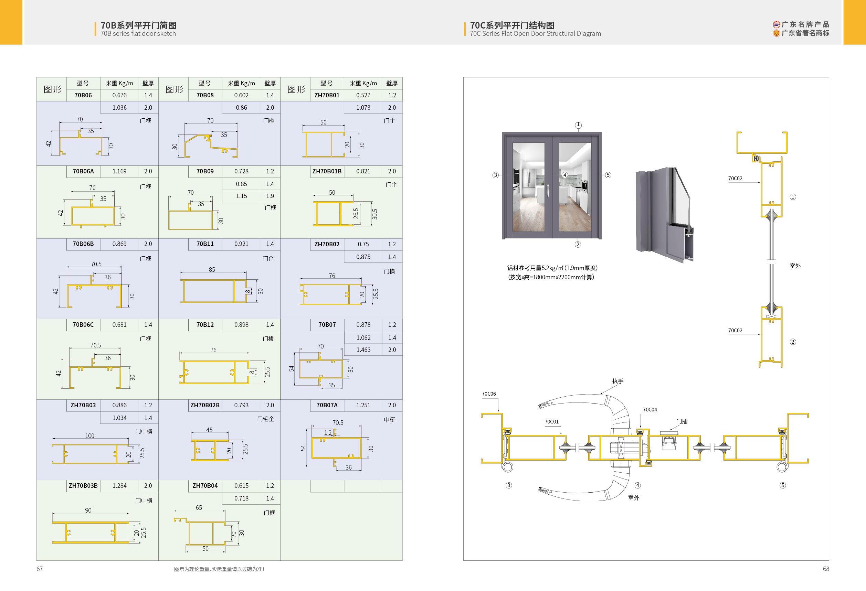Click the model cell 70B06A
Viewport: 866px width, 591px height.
(x=83, y=171)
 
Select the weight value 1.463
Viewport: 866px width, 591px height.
(x=363, y=350)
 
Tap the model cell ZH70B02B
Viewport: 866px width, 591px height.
(x=205, y=405)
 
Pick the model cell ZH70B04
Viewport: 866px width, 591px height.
(x=205, y=486)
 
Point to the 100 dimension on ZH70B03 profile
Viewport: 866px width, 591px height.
(x=90, y=436)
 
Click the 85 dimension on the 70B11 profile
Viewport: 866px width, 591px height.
(x=212, y=270)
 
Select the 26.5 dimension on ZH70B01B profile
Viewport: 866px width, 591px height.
(x=356, y=213)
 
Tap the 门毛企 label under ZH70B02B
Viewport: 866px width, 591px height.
(x=265, y=419)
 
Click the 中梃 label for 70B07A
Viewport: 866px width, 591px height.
(x=389, y=420)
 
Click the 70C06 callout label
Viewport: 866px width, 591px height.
(x=488, y=394)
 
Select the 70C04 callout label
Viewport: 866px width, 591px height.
(x=649, y=410)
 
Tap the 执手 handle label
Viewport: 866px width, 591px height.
(x=617, y=381)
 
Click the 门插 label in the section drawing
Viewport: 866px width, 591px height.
(x=682, y=421)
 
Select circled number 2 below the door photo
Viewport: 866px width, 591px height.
(x=578, y=244)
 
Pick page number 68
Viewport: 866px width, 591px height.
(x=826, y=569)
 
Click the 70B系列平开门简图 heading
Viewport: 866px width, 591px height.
(x=139, y=25)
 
